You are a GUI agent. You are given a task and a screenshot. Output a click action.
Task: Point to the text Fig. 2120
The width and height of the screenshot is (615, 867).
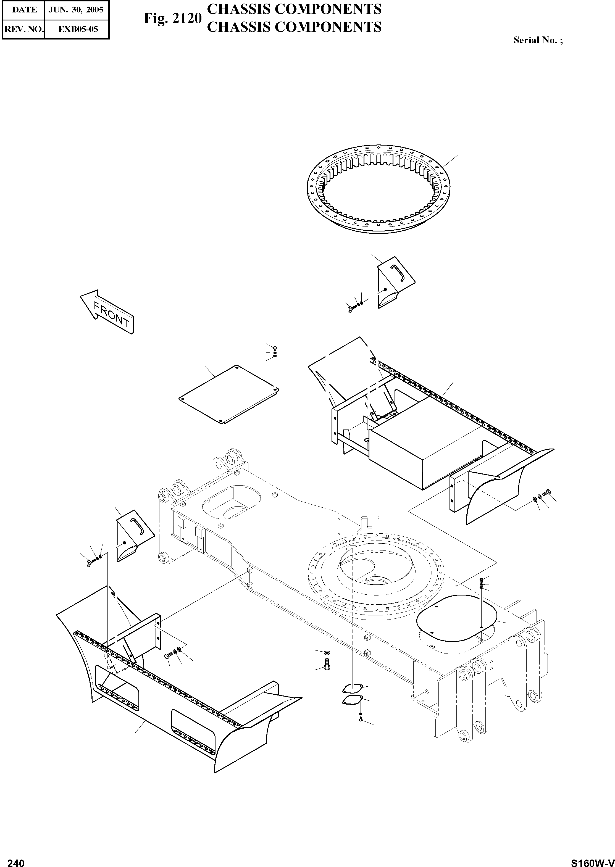[172, 19]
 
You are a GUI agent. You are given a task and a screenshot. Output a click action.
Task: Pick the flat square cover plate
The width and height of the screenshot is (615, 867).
[229, 394]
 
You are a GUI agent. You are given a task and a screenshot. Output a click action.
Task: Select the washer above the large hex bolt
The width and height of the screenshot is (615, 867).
[327, 653]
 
